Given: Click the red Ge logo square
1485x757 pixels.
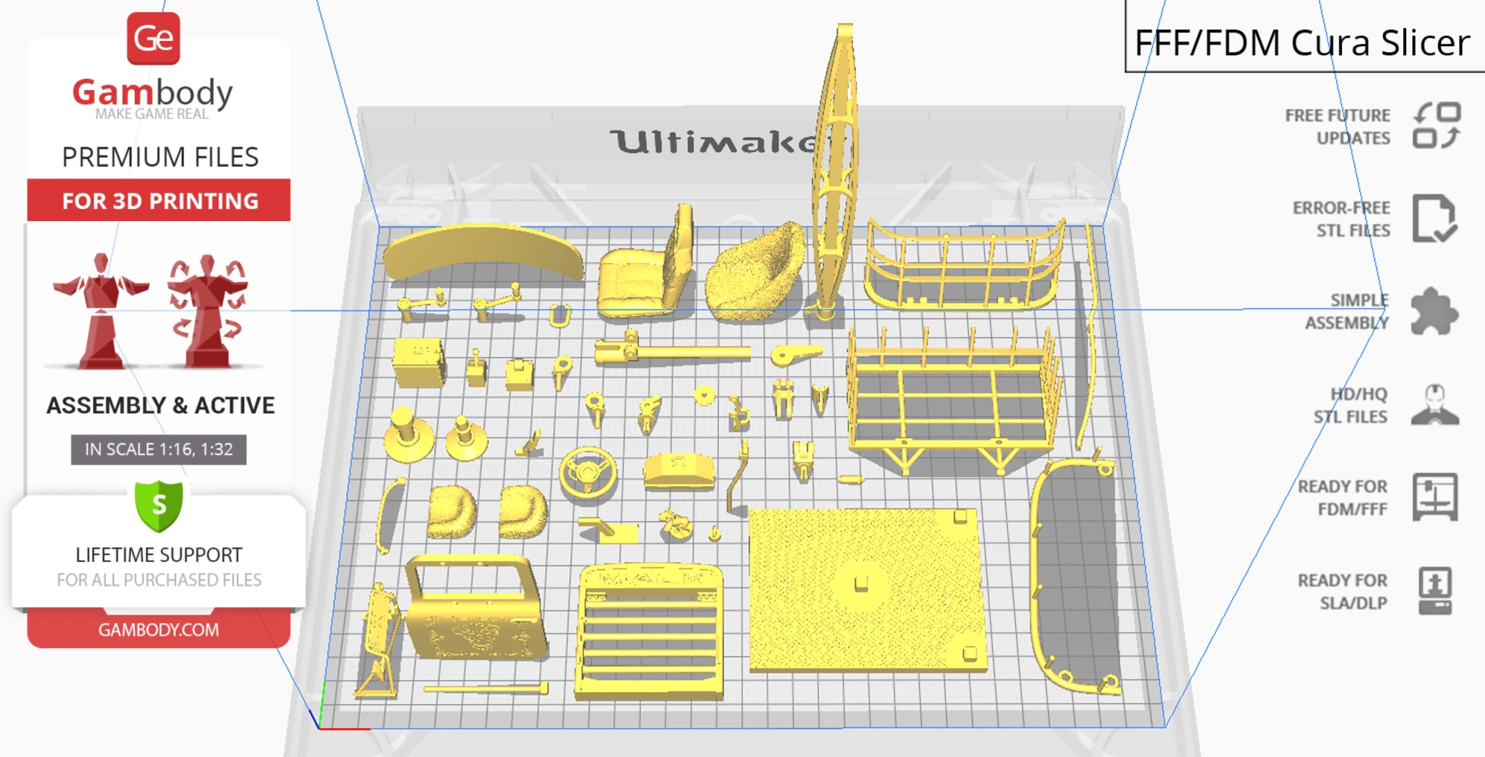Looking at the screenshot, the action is pyautogui.click(x=153, y=39).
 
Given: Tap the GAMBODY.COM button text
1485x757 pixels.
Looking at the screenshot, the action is pyautogui.click(x=158, y=630).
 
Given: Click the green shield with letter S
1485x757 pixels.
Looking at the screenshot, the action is pyautogui.click(x=159, y=506).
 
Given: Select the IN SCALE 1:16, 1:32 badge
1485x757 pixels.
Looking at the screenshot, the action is pyautogui.click(x=158, y=449).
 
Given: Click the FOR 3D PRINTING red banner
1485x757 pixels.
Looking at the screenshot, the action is pyautogui.click(x=159, y=200).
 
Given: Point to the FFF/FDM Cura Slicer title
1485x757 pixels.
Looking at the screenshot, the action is pyautogui.click(x=1302, y=42).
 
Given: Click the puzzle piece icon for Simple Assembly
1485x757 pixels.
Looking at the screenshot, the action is pyautogui.click(x=1434, y=311).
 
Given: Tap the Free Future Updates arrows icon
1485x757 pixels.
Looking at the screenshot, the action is pyautogui.click(x=1437, y=126).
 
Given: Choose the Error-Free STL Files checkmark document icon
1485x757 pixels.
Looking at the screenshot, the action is pyautogui.click(x=1434, y=219).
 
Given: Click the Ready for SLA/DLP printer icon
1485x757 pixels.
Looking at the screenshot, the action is pyautogui.click(x=1435, y=591).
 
